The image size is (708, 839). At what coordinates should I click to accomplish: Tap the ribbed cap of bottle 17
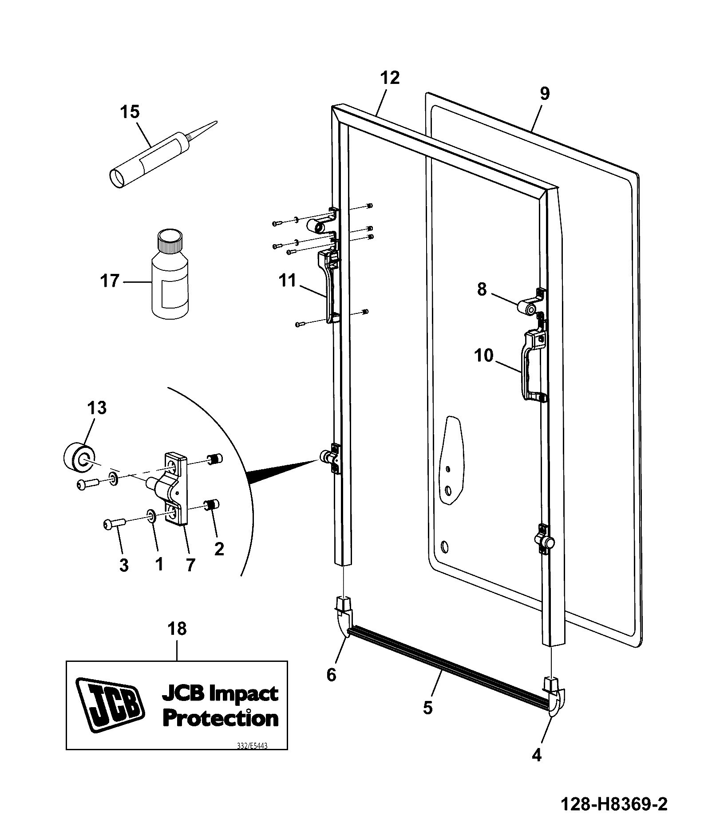[170, 241]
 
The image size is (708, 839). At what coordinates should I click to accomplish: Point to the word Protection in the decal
[221, 719]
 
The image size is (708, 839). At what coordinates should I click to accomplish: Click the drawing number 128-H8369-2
[614, 803]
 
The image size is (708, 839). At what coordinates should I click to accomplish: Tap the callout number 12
[390, 78]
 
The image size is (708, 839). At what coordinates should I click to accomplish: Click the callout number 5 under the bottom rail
[427, 708]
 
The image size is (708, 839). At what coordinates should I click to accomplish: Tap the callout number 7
[190, 565]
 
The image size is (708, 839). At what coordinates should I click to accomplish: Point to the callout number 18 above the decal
[177, 629]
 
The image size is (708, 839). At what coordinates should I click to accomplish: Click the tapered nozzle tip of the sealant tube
[217, 122]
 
